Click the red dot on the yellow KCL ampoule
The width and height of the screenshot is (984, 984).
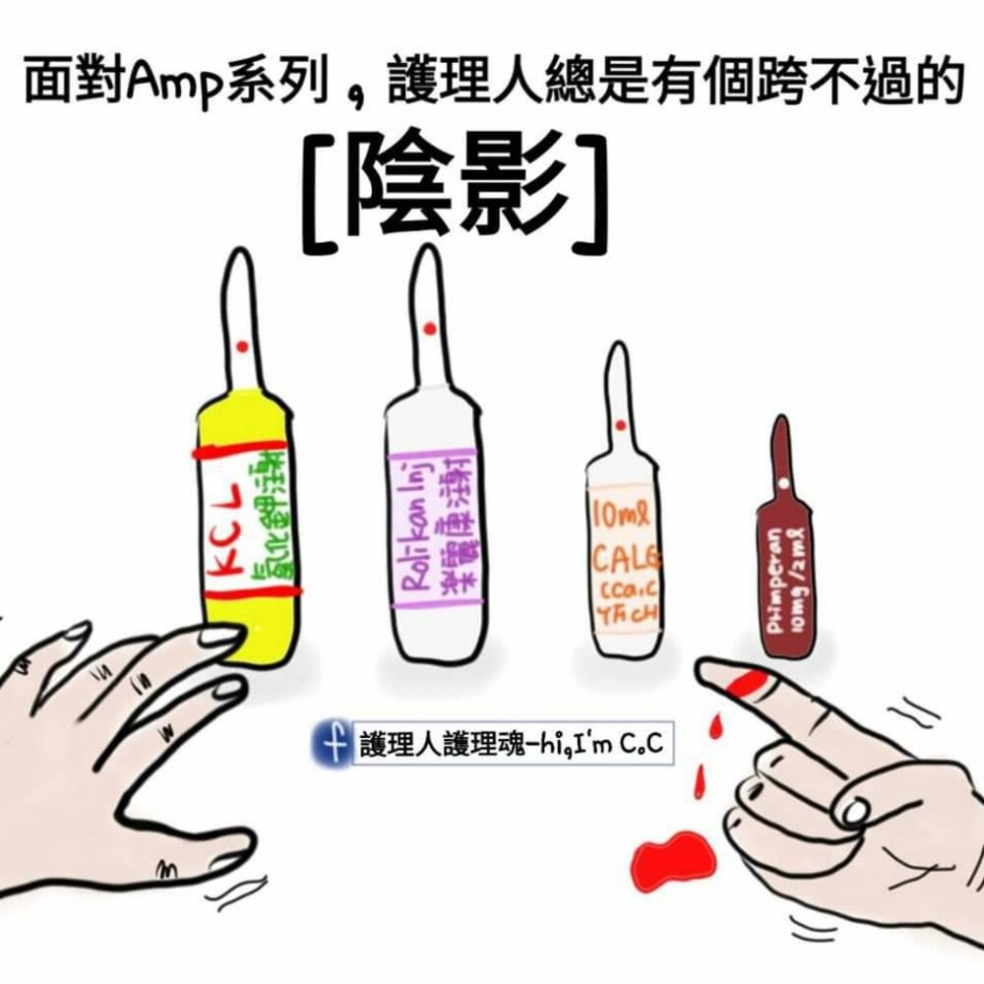(x=242, y=345)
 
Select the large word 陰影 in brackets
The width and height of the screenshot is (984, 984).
(x=455, y=184)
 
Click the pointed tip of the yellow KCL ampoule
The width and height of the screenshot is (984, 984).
(x=238, y=259)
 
